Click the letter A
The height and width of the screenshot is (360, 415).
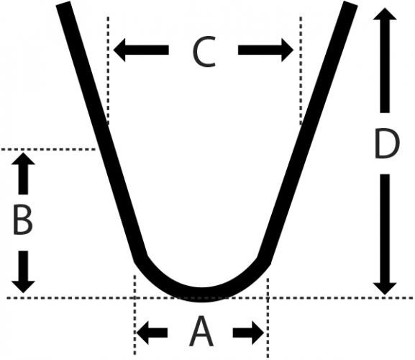pos(201,331)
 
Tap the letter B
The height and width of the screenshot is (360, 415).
pos(23,220)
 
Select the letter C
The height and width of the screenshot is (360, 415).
pos(204,52)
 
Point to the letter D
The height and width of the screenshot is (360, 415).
pos(387,144)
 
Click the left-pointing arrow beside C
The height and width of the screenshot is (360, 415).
pos(141,50)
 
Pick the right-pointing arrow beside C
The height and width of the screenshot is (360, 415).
pos(265,50)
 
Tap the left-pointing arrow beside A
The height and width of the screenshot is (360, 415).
pos(152,333)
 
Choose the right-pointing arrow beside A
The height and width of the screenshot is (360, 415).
pos(249,333)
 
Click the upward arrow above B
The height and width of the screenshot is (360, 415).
pos(23,174)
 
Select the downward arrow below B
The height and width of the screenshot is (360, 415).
pos(23,271)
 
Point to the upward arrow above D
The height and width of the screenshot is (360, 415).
pos(385,60)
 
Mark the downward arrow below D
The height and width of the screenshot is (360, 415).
pos(385,235)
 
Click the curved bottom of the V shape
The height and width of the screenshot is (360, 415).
pos(201,294)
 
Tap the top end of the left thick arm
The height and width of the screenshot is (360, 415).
pos(63,4)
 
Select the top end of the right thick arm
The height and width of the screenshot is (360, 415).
pos(350,4)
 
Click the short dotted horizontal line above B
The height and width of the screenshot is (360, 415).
pos(48,150)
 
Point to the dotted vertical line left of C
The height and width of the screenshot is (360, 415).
pos(108,70)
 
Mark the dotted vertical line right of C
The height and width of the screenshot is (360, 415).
pos(301,70)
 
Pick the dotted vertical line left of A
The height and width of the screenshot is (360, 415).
pos(135,315)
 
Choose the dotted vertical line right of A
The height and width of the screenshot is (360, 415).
pos(268,318)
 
